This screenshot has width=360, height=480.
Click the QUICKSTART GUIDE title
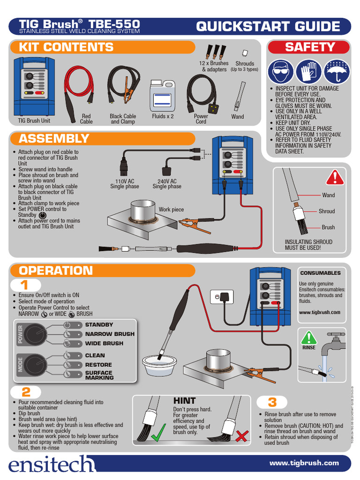click(x=268, y=27)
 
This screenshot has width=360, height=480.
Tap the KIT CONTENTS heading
click(x=66, y=47)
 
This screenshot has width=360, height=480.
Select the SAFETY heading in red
click(x=309, y=47)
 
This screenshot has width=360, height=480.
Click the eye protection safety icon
click(x=281, y=72)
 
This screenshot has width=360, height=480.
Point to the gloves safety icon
click(x=308, y=72)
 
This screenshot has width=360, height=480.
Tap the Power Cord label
click(x=201, y=119)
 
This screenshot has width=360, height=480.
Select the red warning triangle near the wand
click(x=335, y=177)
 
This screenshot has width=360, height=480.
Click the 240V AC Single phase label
click(x=167, y=184)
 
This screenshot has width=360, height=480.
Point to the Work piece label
click(x=171, y=210)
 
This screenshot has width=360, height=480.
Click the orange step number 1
click(x=24, y=285)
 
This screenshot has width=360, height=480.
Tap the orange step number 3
click(x=272, y=402)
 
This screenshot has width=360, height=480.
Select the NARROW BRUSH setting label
click(x=109, y=334)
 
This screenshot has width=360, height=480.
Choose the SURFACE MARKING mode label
click(x=99, y=375)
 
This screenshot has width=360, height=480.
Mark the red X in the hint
click(x=241, y=436)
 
